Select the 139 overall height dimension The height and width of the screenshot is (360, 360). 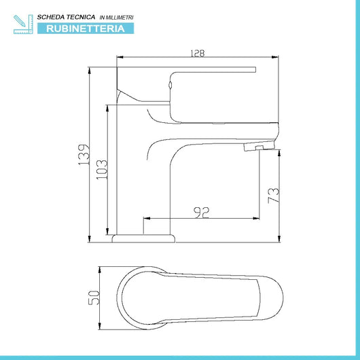(x=84, y=154)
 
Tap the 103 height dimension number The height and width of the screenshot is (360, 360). (x=103, y=169)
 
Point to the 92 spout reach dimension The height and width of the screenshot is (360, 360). (x=201, y=212)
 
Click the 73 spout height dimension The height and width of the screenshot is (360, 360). (x=273, y=196)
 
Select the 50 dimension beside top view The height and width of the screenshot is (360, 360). (x=94, y=297)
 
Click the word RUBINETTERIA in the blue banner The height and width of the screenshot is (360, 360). (x=86, y=29)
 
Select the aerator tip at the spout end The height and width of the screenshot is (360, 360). (x=260, y=146)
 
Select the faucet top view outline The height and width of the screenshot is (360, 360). (x=197, y=297)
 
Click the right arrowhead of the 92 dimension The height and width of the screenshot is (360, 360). (x=259, y=219)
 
